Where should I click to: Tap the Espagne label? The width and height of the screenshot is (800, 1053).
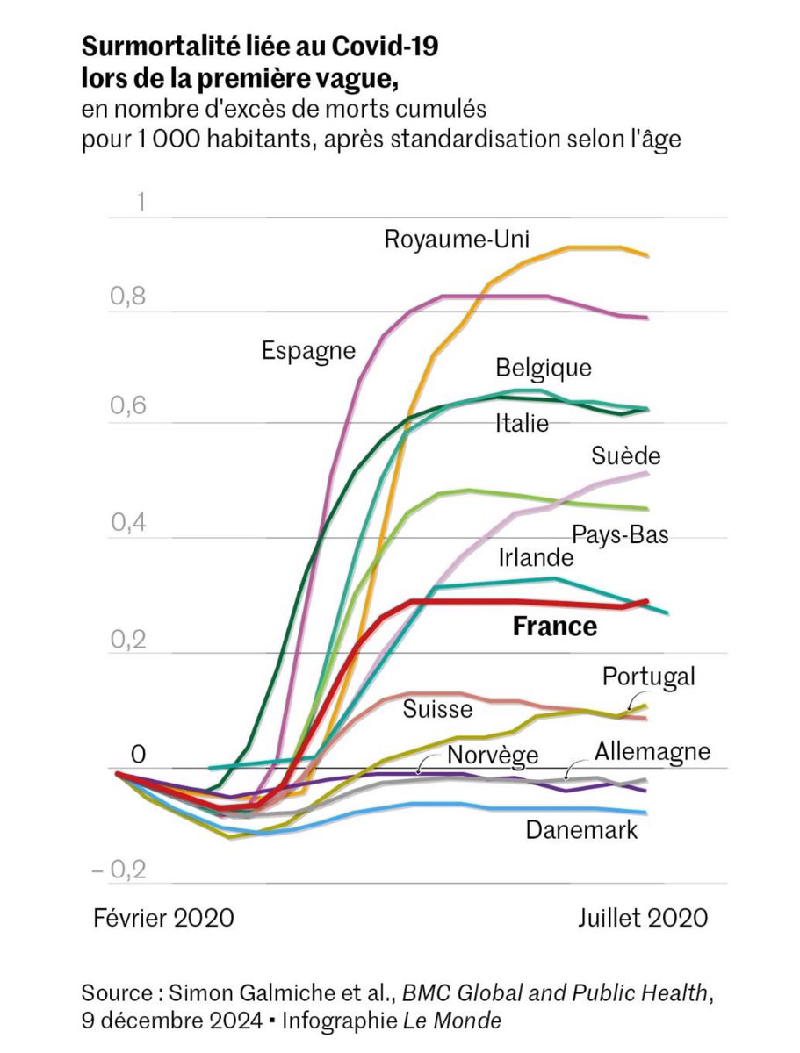(x=308, y=351)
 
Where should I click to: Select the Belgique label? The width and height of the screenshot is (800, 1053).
(x=544, y=367)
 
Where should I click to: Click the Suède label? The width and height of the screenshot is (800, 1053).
(x=625, y=456)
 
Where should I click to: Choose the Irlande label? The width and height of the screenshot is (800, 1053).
(x=536, y=558)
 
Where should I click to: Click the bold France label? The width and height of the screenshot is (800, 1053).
(x=554, y=627)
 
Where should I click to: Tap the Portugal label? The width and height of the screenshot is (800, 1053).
(x=648, y=677)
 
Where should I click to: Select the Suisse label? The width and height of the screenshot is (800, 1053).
(x=438, y=709)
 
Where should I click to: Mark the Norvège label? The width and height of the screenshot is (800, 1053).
(x=492, y=755)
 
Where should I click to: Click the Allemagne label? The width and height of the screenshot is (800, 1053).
(x=652, y=752)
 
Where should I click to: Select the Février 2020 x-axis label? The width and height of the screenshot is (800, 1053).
(x=164, y=918)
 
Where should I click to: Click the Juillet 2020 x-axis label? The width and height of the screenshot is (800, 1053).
(x=643, y=918)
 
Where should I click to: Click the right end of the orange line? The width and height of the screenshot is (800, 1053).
(x=647, y=255)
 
